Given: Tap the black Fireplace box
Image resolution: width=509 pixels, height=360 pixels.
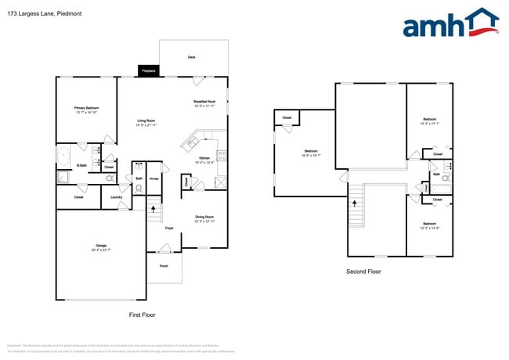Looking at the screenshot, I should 148,71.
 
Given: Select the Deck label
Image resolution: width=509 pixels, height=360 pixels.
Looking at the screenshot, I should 191,57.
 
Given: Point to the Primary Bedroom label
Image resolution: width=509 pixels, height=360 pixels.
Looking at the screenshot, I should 85,110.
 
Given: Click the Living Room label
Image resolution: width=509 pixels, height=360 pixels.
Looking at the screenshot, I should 146,122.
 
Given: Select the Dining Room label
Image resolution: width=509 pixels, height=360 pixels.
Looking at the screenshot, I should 204,217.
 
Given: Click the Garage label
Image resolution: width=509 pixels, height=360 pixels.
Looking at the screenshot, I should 101,247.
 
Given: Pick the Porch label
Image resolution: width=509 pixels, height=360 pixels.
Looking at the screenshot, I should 164,266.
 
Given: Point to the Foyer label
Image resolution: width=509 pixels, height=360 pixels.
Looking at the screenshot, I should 168,228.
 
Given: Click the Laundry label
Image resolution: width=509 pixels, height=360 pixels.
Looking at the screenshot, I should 116,197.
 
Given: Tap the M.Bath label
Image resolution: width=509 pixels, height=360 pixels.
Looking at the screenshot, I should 81,165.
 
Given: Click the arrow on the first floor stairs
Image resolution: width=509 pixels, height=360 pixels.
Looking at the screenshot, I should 153,209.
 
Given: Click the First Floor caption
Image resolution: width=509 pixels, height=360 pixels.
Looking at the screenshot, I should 143,314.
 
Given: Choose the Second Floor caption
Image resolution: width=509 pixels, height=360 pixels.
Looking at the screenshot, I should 363,272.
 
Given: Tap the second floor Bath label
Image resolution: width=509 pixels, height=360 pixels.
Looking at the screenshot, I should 436,174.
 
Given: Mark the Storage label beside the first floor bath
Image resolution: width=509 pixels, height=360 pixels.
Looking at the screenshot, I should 154,178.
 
